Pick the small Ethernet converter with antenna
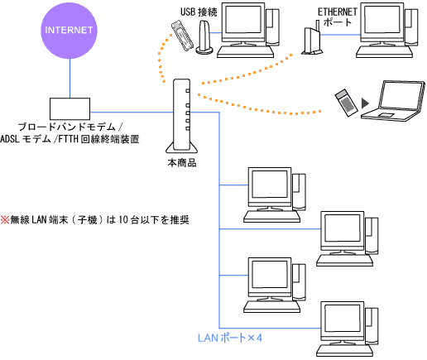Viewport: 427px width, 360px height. click(310, 41)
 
